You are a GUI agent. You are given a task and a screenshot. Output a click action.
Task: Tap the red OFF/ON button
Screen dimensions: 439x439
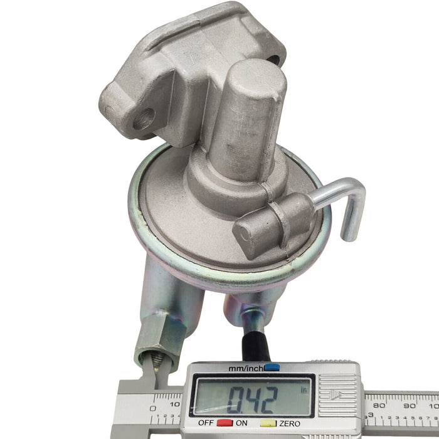pyautogui.click(x=225, y=423)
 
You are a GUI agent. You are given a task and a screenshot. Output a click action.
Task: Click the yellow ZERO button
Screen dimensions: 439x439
pyautogui.click(x=268, y=423)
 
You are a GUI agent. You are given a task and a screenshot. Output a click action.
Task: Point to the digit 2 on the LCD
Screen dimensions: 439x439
pyautogui.click(x=268, y=400)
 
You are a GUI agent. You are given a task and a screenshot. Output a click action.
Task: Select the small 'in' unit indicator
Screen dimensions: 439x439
pyautogui.click(x=304, y=390)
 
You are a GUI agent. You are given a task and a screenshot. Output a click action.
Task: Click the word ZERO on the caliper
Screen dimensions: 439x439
pyautogui.click(x=290, y=423)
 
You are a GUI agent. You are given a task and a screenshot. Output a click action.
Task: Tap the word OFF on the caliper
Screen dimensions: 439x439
pyautogui.click(x=206, y=423)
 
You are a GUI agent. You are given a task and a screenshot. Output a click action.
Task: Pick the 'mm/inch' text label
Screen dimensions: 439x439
pyautogui.click(x=246, y=369)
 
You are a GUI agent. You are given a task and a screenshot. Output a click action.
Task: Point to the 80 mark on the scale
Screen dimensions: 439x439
pyautogui.click(x=379, y=405)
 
